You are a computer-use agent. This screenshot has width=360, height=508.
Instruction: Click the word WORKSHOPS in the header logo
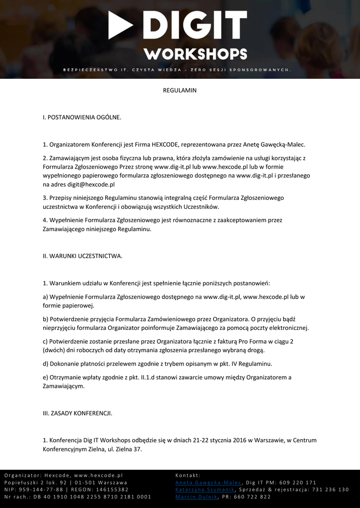click(195, 54)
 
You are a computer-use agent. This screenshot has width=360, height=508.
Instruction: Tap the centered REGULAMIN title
click(180, 91)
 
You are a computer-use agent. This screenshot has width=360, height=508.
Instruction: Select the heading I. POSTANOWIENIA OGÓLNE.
click(82, 118)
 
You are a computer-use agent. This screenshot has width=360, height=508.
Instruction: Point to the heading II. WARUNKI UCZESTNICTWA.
click(82, 256)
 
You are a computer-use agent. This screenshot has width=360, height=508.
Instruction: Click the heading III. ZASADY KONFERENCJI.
click(77, 413)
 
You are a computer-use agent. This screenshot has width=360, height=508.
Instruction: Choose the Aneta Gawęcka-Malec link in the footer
click(209, 483)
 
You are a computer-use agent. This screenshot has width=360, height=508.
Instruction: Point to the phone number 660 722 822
click(252, 497)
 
